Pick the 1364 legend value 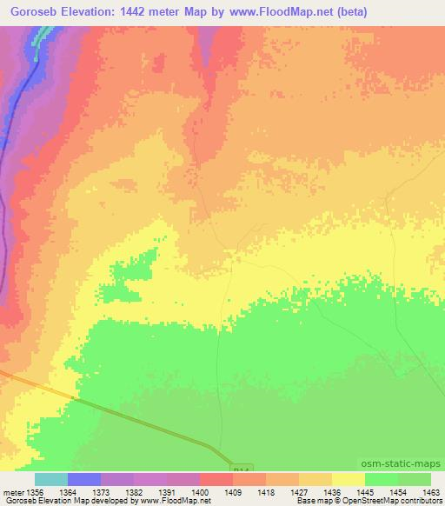(x=84, y=491)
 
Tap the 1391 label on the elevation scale (x=183, y=491)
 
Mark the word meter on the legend (x=12, y=491)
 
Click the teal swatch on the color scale (x=51, y=479)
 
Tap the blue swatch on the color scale (x=84, y=479)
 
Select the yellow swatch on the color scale (x=349, y=479)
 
